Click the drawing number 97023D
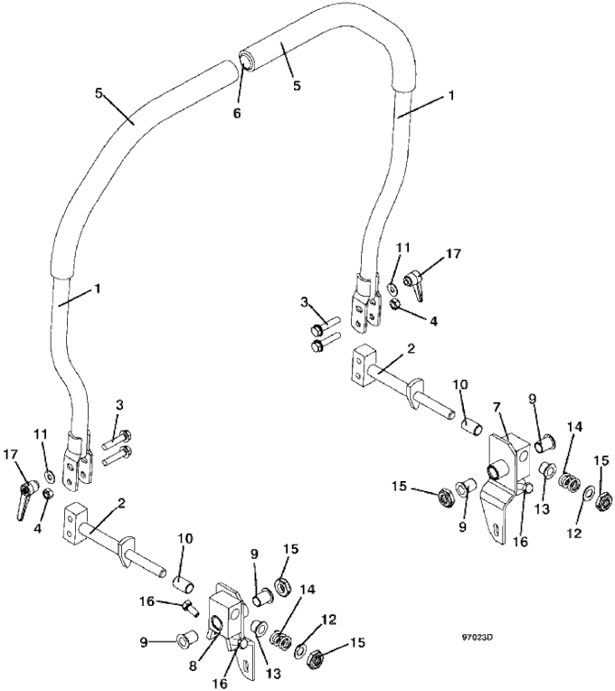tap(478, 637)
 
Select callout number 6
tap(237, 113)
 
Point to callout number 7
tap(497, 408)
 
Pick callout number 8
tap(193, 667)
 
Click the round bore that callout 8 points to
tap(216, 622)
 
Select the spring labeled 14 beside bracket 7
tap(570, 484)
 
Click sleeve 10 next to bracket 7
tap(471, 427)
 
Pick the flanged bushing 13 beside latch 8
tap(258, 628)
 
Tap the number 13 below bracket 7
tap(543, 509)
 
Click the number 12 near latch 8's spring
tap(330, 620)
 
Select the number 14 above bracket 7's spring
tap(575, 427)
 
